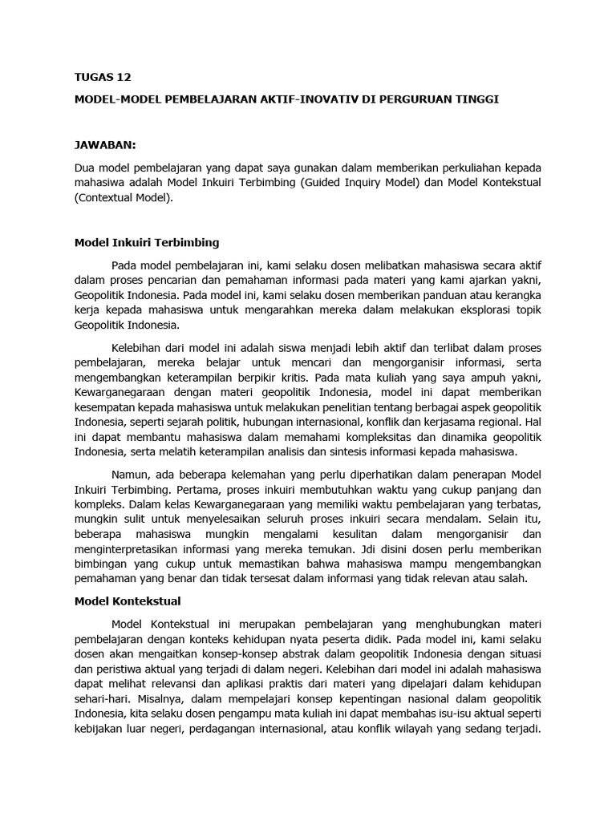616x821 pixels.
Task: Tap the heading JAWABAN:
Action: coord(105,145)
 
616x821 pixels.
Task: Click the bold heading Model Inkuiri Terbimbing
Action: coord(147,241)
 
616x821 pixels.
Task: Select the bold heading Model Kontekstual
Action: coord(128,600)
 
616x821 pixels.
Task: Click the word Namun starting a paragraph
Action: coord(131,474)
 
